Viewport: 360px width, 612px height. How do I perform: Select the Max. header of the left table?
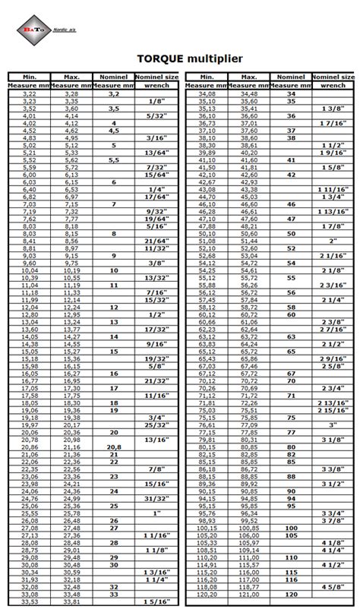coord(71,77)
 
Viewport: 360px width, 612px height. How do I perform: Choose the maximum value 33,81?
coord(71,602)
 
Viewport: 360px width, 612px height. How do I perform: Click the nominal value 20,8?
coord(114,448)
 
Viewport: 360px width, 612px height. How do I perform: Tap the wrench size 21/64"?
coord(157,240)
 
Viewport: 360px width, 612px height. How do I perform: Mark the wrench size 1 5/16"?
coord(157,602)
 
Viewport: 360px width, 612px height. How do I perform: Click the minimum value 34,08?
coord(207,93)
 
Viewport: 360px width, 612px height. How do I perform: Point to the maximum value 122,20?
coord(248,594)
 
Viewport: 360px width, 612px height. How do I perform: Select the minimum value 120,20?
coord(207,594)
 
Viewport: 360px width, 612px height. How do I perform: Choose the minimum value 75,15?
coord(207,418)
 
